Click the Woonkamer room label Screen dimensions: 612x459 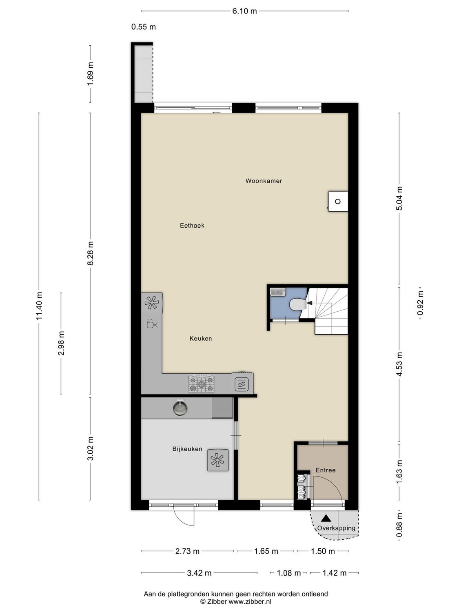tap(264, 181)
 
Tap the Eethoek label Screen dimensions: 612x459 tap(192, 225)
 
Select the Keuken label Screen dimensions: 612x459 tap(200, 338)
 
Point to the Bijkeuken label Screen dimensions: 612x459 tap(187, 449)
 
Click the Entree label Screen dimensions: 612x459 tap(326, 470)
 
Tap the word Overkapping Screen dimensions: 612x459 tap(336, 528)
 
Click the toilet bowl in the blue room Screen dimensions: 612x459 tap(297, 304)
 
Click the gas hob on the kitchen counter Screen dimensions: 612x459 tap(201, 384)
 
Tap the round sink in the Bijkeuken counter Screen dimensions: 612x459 tap(180, 408)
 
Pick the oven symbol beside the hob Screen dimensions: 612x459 tap(242, 384)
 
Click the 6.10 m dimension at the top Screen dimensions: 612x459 tap(244, 11)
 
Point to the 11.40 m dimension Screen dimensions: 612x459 tap(39, 306)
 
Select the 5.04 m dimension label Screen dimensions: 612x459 tap(399, 198)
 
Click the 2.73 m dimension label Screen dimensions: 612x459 tap(187, 551)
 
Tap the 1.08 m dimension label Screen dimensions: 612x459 tap(288, 573)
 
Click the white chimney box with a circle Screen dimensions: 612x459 tap(338, 201)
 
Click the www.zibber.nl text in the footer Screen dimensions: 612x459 tap(250, 601)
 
